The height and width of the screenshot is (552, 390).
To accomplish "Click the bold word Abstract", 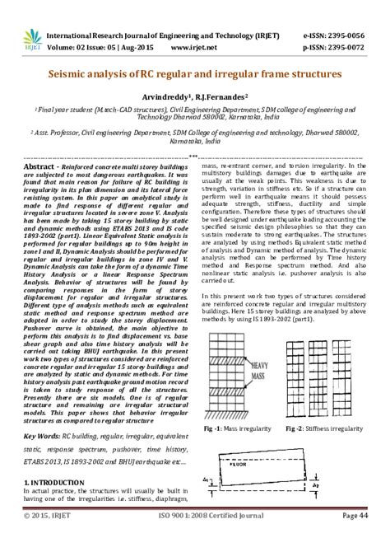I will pyautogui.click(x=41, y=166).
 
